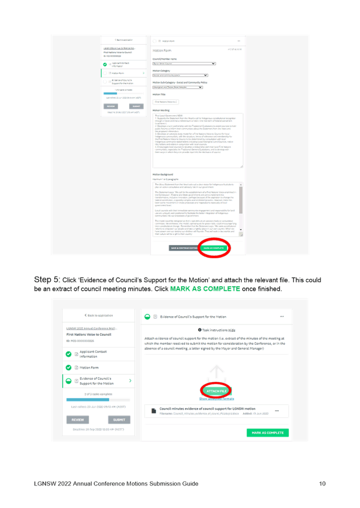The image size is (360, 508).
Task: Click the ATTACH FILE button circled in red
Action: pyautogui.click(x=217, y=391)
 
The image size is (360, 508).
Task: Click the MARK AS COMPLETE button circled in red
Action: pyautogui.click(x=214, y=248)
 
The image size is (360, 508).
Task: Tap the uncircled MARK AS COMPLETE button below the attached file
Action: pyautogui.click(x=267, y=433)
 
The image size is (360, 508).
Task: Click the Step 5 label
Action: pyautogui.click(x=47, y=280)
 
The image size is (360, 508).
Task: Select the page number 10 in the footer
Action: pyautogui.click(x=323, y=484)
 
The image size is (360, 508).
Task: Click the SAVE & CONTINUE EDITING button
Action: pyautogui.click(x=183, y=248)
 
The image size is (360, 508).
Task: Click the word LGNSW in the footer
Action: pyautogui.click(x=43, y=484)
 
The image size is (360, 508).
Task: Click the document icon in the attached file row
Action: pyautogui.click(x=153, y=411)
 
